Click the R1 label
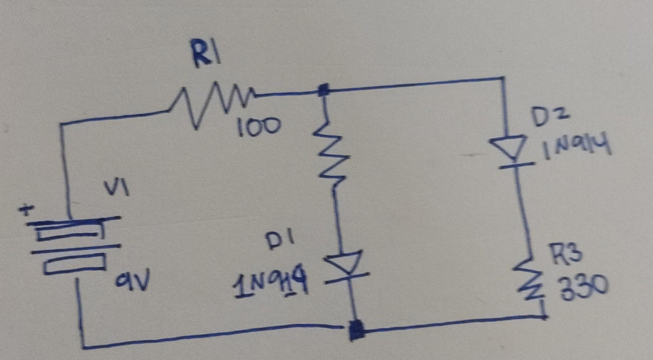(x=206, y=54)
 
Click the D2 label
(x=549, y=117)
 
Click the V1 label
(x=117, y=188)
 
